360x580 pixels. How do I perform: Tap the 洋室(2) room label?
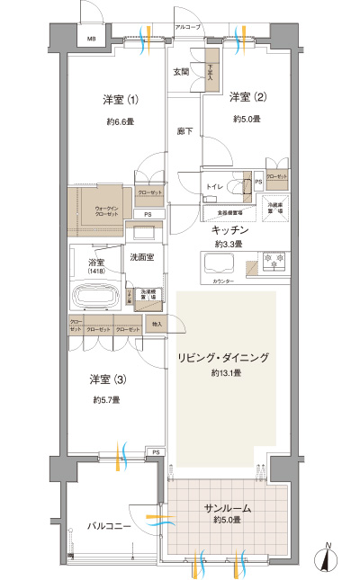[245, 97]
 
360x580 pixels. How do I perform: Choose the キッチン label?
[229, 231]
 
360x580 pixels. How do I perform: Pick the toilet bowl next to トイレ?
[239, 187]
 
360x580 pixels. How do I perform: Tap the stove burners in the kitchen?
[274, 262]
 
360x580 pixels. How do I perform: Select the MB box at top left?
[91, 38]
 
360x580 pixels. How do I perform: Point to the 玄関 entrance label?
[181, 72]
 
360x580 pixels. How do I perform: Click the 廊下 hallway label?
[184, 131]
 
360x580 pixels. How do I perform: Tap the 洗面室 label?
[142, 257]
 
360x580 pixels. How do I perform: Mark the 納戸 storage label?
[157, 323]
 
